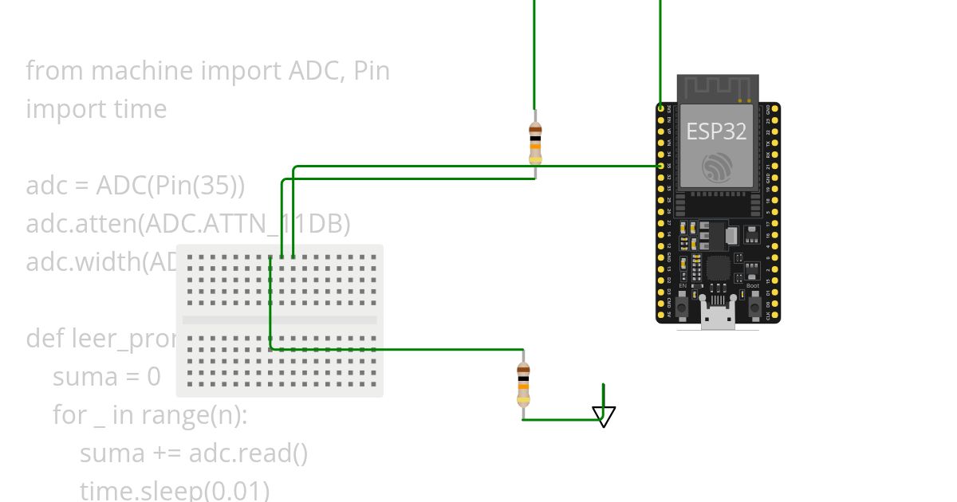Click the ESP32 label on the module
[x=716, y=131]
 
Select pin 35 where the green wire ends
[x=660, y=166]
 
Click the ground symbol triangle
[x=604, y=415]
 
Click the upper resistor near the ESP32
[x=535, y=143]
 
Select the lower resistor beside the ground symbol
[x=523, y=384]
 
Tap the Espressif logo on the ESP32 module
[x=717, y=167]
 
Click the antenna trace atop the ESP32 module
[x=717, y=88]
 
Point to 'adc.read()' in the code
[x=248, y=453]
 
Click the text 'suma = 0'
[x=107, y=376]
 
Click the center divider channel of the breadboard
[x=279, y=320]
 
